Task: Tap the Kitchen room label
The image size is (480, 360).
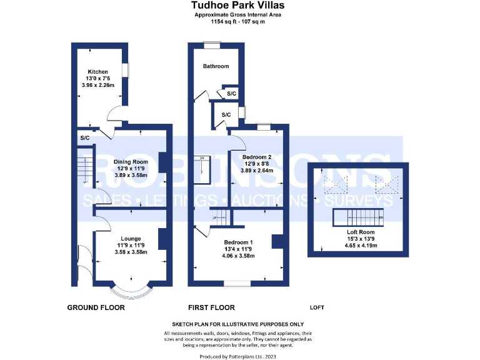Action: [x=97, y=71]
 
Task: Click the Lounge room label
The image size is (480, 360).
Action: [x=131, y=238]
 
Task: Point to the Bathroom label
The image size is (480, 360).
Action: [x=215, y=66]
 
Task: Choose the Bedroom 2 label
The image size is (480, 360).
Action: [x=256, y=156]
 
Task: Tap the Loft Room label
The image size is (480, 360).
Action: [x=359, y=231]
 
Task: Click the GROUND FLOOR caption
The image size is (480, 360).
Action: [x=96, y=307]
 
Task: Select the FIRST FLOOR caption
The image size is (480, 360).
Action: [x=211, y=307]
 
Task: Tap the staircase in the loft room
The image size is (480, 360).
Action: [x=358, y=218]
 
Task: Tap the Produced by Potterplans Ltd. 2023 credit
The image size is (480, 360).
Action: [x=237, y=356]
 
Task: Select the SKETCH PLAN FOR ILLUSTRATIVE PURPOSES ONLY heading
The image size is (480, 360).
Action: [x=237, y=324]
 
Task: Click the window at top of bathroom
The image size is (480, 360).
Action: [x=212, y=44]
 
